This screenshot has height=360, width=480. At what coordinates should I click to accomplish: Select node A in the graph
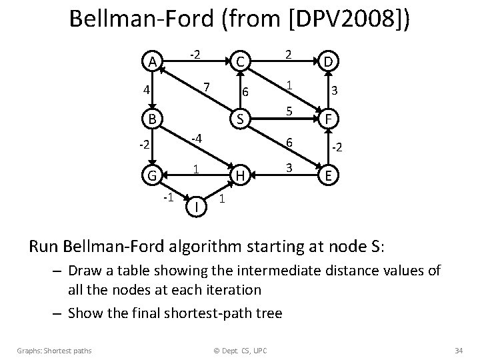153,62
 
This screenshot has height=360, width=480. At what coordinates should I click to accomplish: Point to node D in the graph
327,62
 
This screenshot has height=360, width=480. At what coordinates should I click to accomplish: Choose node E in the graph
327,177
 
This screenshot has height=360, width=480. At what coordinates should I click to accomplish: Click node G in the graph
153,177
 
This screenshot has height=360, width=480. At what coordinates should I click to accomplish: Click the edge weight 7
207,86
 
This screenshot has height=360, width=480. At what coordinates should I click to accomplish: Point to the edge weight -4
196,139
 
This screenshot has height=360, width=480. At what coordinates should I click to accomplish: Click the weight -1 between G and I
169,197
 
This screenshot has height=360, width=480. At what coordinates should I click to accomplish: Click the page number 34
457,349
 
